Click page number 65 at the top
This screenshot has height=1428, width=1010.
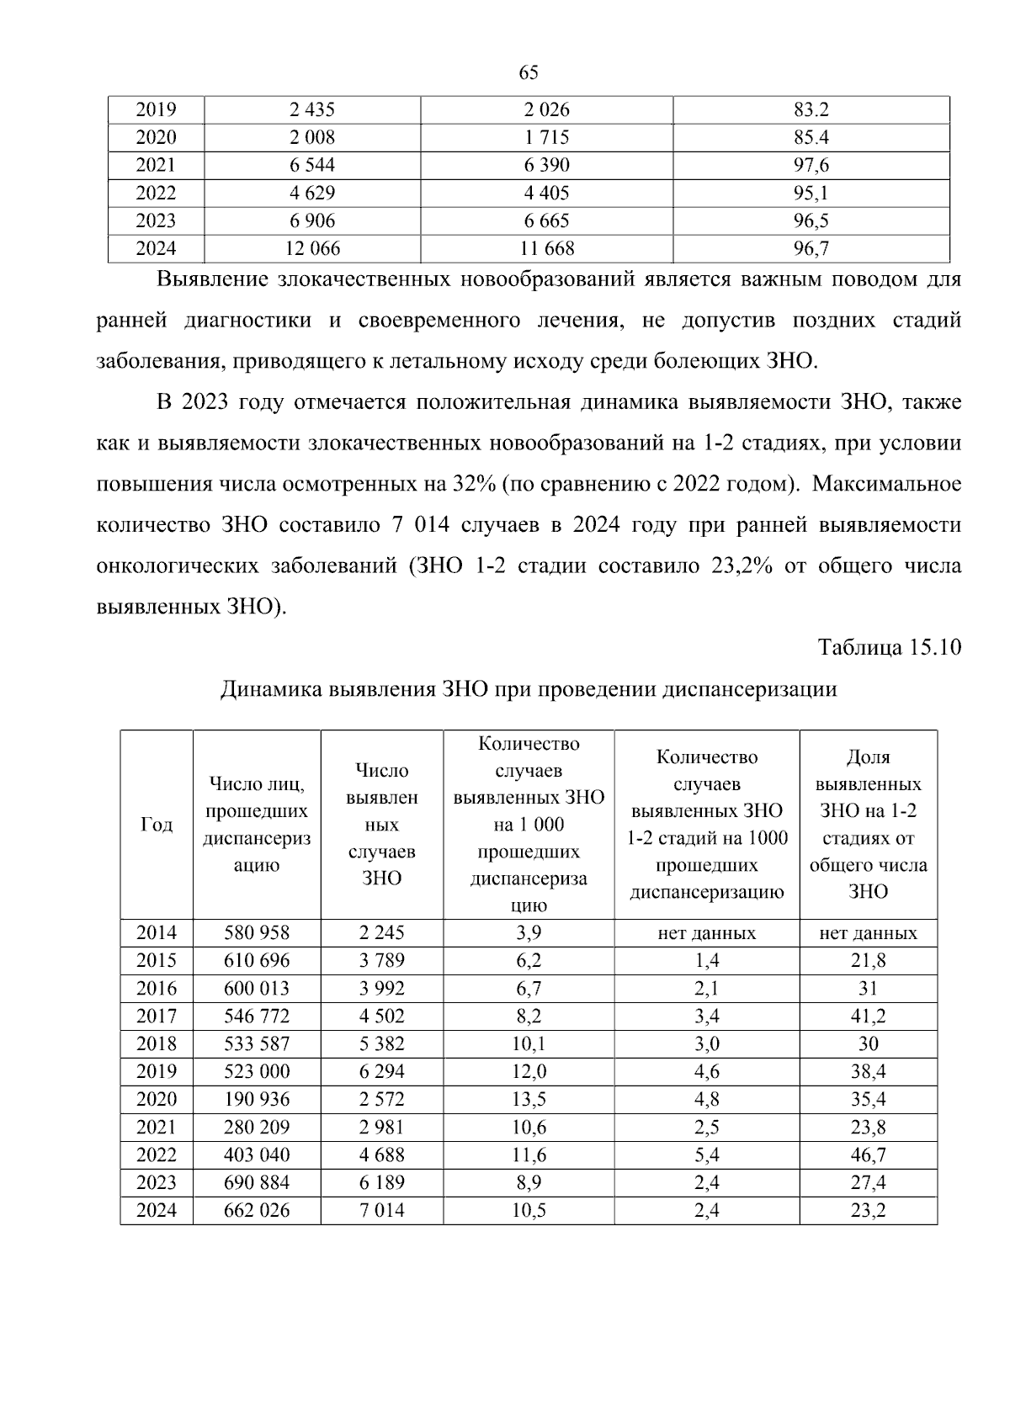coord(529,73)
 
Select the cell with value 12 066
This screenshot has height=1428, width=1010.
coord(312,248)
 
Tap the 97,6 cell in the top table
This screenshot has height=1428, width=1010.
coord(811,165)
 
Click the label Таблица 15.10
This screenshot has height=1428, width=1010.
coord(890,648)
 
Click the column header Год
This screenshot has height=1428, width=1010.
coord(157,825)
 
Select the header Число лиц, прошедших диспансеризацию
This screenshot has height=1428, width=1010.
coord(257,825)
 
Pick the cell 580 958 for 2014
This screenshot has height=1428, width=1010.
coord(257,932)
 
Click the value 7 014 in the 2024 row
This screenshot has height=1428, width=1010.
coord(381,1210)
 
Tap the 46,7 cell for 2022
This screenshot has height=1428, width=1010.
coord(868,1155)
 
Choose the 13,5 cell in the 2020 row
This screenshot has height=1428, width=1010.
coord(529,1099)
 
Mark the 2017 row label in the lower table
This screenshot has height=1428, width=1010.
coord(157,1016)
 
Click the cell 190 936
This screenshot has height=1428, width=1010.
coord(257,1099)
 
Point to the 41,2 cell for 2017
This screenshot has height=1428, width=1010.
coord(868,1016)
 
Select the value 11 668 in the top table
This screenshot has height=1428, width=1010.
coord(547,248)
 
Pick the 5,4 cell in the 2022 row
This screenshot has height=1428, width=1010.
coord(706,1155)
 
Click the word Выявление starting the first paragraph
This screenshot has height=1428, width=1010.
coord(212,279)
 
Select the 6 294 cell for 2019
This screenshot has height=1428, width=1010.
coord(381,1071)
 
